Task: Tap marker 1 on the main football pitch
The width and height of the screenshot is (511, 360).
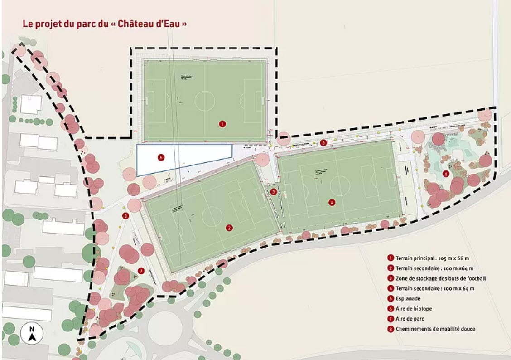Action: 222,123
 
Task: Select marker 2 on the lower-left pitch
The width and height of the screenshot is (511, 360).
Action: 230,228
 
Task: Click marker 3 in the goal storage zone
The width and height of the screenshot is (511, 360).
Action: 273,192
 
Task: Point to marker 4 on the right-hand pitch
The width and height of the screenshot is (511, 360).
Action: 332,203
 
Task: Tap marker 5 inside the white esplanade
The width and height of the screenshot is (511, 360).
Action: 160,157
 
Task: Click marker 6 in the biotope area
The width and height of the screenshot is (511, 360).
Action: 446,174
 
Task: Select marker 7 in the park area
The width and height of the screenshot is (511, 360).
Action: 141,271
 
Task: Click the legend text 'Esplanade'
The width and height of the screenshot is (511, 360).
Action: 408,299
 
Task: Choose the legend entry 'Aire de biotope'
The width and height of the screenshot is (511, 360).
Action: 414,309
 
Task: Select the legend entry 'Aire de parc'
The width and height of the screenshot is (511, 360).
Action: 410,319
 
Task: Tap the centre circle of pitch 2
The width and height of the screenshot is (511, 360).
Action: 212,216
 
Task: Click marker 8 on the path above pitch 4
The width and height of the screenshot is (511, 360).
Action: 323,143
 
